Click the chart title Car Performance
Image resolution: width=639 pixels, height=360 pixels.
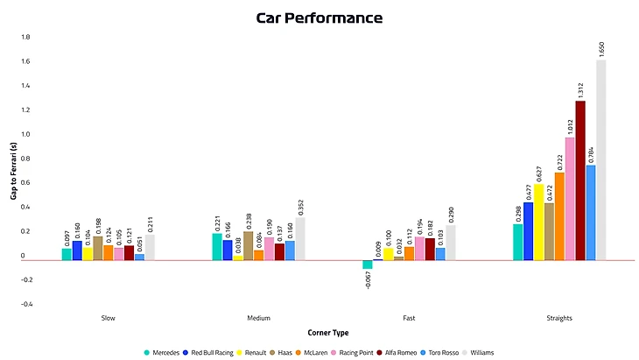click(x=319, y=18)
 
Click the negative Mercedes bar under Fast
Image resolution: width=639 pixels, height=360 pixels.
click(x=368, y=264)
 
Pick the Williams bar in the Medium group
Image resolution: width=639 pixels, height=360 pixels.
click(x=301, y=238)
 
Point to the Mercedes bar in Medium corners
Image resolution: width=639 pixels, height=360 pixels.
click(x=217, y=246)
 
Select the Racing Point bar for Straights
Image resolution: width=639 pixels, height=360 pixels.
click(x=570, y=198)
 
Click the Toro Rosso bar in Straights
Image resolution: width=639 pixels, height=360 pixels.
click(x=591, y=212)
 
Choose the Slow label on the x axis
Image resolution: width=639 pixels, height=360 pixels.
click(x=108, y=318)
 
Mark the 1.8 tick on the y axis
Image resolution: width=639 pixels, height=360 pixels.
click(x=25, y=38)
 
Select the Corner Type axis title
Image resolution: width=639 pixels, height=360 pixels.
click(x=329, y=333)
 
